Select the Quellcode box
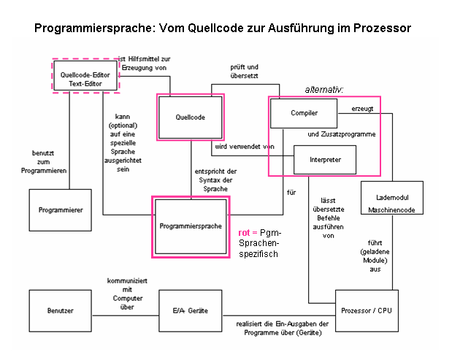191,117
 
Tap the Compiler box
303,113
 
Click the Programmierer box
61,210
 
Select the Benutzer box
61,311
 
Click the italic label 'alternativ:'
323,90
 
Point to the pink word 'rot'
245,233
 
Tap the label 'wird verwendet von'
243,147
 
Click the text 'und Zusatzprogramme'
341,134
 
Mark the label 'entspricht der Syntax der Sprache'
211,179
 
